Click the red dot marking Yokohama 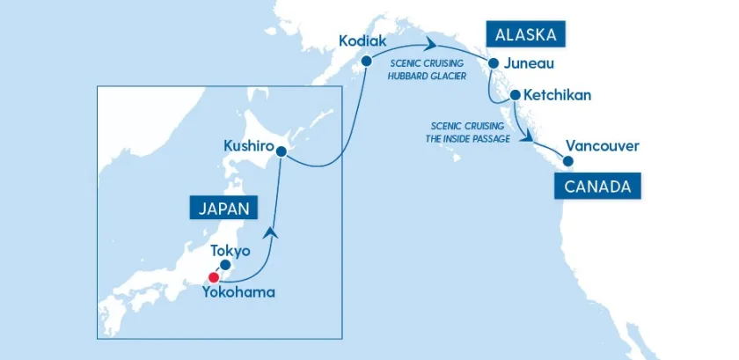tap(213, 276)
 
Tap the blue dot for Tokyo tap(225, 264)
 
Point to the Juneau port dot tap(494, 63)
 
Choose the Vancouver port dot tap(568, 161)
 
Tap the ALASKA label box tap(525, 35)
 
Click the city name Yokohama tap(238, 292)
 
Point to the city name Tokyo tap(230, 251)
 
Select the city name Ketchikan tap(556, 94)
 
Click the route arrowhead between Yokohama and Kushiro tap(272, 231)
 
